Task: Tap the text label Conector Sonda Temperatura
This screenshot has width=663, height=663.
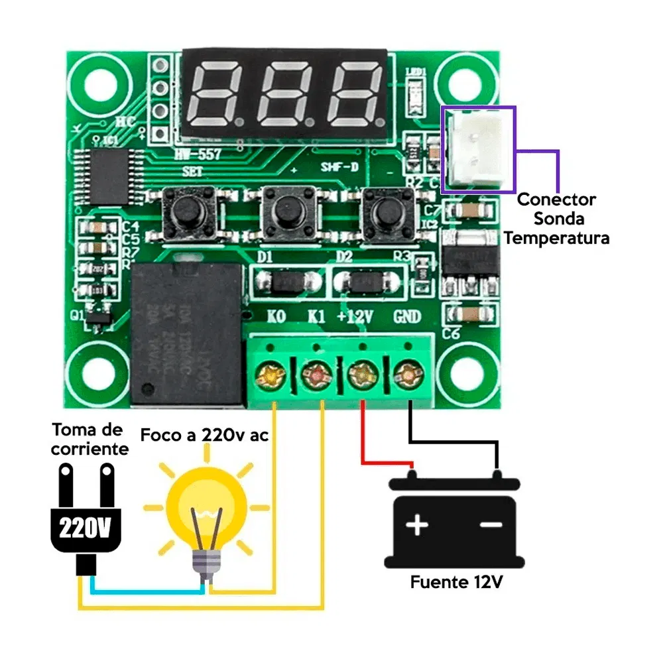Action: pyautogui.click(x=556, y=218)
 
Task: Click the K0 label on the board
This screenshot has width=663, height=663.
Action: pyautogui.click(x=276, y=317)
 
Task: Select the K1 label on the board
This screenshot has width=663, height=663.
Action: pyautogui.click(x=317, y=317)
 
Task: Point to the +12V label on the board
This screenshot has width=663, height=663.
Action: pyautogui.click(x=355, y=317)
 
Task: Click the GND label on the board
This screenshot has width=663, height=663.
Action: pyautogui.click(x=406, y=317)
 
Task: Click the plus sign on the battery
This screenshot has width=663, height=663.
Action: pyautogui.click(x=417, y=525)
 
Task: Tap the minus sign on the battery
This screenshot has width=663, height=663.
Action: pyautogui.click(x=491, y=525)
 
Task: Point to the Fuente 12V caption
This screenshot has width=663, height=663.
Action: pyautogui.click(x=456, y=583)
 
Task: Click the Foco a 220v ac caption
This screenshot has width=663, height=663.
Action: pyautogui.click(x=204, y=436)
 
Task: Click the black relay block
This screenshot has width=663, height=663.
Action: pyautogui.click(x=186, y=331)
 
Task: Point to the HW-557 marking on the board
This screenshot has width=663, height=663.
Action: pyautogui.click(x=198, y=155)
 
